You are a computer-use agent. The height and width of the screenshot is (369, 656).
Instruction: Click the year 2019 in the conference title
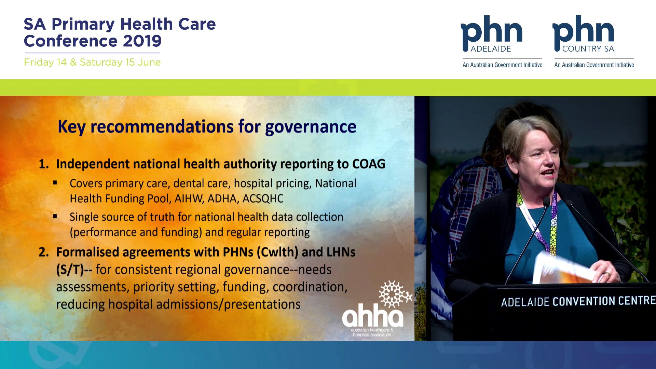(142, 41)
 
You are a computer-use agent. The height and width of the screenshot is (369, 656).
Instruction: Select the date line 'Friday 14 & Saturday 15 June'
(92, 62)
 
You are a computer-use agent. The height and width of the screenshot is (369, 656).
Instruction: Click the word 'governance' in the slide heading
(311, 127)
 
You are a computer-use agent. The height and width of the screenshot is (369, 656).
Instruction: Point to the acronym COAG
(369, 164)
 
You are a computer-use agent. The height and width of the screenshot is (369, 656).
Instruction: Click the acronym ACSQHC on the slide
(263, 199)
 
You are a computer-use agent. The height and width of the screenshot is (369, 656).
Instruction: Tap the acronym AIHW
(189, 199)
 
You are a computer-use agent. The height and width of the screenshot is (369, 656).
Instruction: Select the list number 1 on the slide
(43, 164)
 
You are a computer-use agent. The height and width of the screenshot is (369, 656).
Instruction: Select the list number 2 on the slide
(43, 252)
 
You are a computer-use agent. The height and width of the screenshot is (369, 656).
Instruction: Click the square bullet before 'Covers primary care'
(55, 183)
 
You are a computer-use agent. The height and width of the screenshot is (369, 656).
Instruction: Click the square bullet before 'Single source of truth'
(55, 216)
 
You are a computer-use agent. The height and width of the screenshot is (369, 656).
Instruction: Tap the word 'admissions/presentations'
(228, 304)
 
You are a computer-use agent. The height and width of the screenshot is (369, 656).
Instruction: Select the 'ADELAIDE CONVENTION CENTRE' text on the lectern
(578, 301)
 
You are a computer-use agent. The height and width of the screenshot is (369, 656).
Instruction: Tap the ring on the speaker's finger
(607, 273)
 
